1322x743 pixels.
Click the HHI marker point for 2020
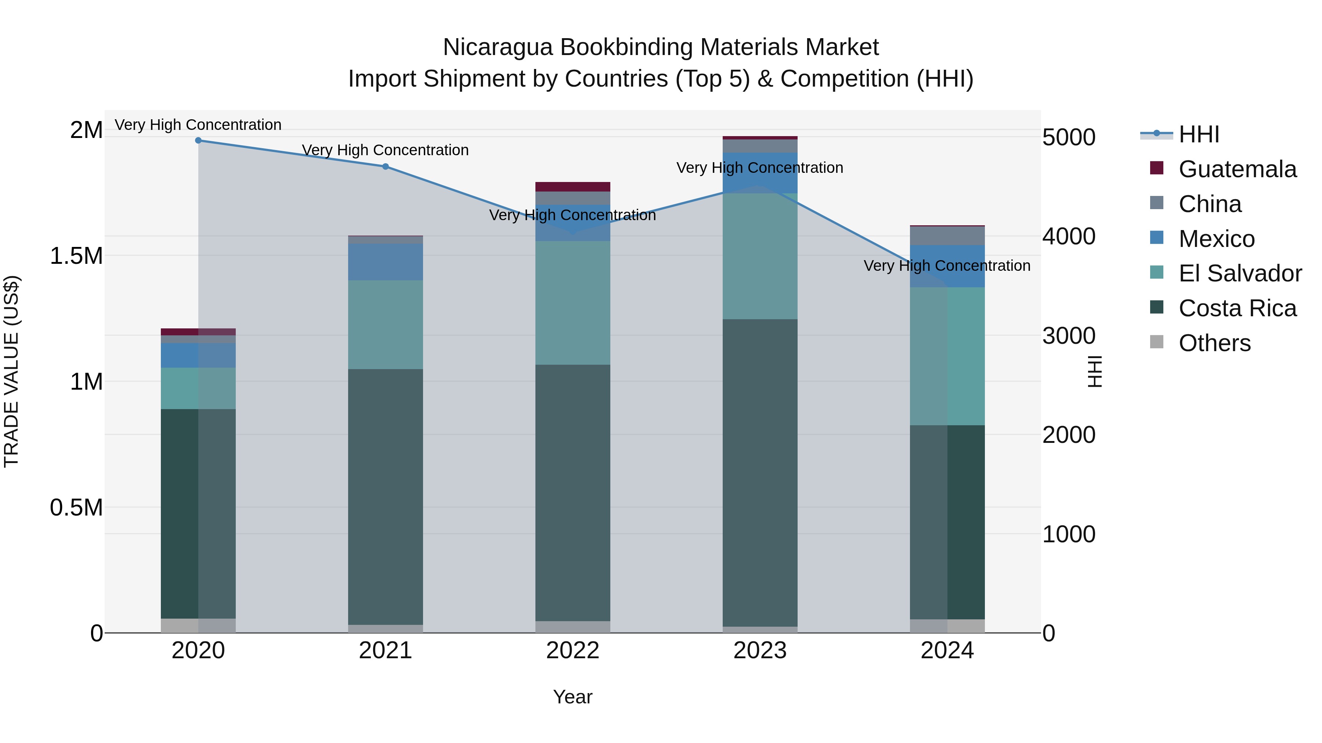(198, 140)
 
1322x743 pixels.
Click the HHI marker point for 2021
(386, 166)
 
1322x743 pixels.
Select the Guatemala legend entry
(1237, 169)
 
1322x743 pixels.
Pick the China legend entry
(1210, 204)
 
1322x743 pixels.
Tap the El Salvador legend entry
(1239, 273)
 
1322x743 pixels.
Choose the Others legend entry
(1214, 343)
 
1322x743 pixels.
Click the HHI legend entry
(1198, 134)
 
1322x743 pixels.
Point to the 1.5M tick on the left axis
(76, 256)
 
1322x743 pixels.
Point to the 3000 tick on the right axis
(1069, 336)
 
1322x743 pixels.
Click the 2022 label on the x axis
(573, 651)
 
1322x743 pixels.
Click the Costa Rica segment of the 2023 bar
(760, 472)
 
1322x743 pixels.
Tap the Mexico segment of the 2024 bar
(947, 266)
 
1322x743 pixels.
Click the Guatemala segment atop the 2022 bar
(573, 187)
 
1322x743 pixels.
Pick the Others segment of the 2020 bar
(198, 625)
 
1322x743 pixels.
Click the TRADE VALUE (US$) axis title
(11, 371)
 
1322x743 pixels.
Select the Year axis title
(573, 697)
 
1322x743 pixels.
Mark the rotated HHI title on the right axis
(1095, 371)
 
